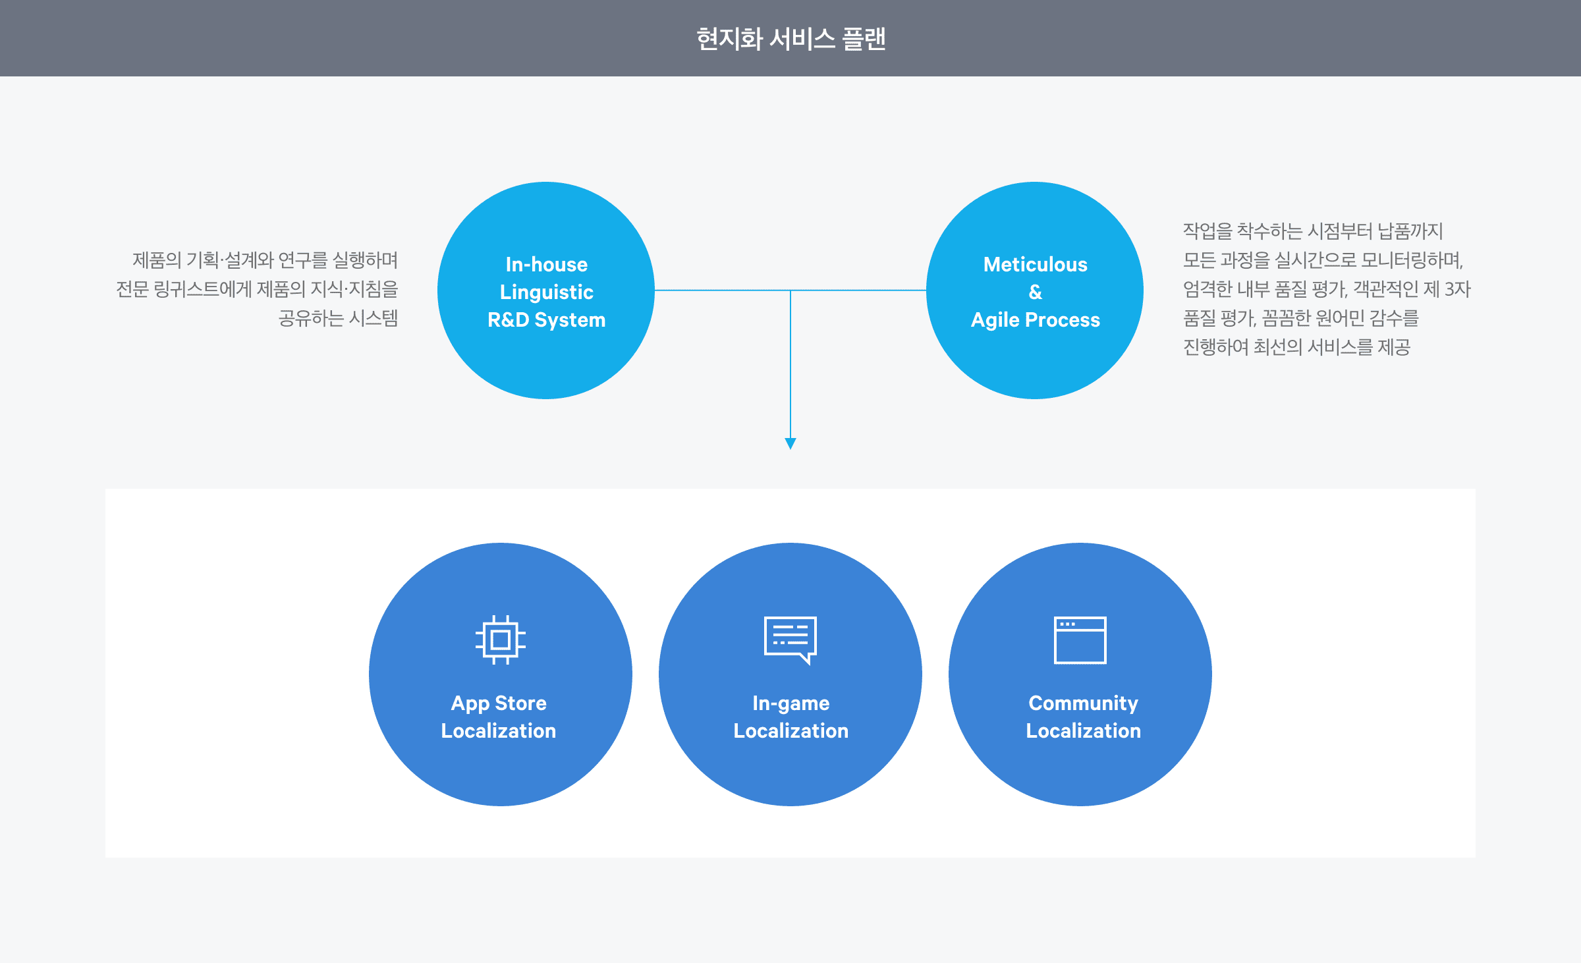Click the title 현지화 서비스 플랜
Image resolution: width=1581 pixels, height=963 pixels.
tap(790, 39)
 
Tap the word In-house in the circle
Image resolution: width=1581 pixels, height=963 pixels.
tap(546, 265)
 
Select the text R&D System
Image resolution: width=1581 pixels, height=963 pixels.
tap(546, 320)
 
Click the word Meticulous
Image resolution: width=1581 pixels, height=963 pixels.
tap(1035, 265)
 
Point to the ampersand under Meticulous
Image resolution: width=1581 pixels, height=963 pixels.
tap(1035, 292)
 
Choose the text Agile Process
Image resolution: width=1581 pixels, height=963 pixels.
tap(1035, 320)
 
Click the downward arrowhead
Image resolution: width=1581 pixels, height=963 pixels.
tap(790, 443)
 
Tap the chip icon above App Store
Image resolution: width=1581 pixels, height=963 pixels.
tap(500, 640)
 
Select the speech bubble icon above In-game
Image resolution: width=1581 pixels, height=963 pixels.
tap(790, 640)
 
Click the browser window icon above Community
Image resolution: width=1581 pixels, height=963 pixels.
tap(1080, 640)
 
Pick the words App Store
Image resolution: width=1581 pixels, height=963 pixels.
tap(499, 703)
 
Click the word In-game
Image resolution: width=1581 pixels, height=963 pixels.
tap(790, 703)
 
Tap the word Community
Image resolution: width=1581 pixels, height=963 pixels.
tap(1083, 703)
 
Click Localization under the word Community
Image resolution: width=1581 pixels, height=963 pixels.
tap(1083, 731)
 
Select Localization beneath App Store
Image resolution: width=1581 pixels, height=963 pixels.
tap(499, 731)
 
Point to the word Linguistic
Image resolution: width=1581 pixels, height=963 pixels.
tap(546, 292)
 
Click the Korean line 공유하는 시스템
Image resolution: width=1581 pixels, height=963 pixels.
tap(338, 319)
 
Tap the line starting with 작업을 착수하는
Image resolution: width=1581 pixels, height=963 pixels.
tap(1312, 231)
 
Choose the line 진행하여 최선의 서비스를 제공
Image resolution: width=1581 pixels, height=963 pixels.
tap(1296, 347)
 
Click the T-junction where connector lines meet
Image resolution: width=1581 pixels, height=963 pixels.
tap(790, 290)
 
